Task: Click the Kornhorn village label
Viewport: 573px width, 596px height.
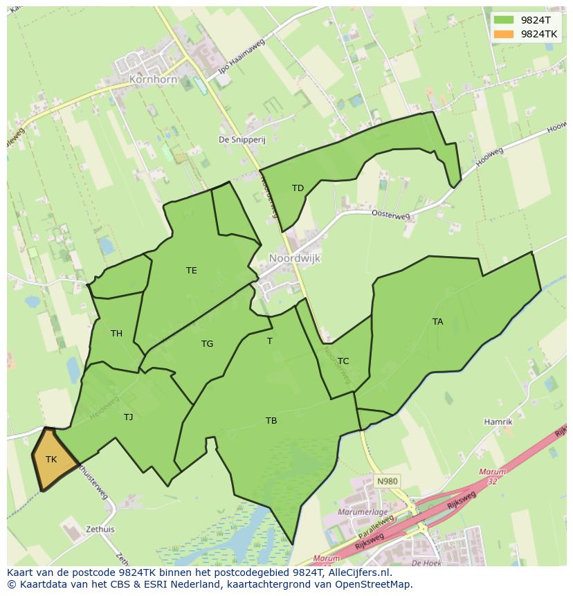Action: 153,80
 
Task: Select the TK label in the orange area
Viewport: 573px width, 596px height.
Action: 51,459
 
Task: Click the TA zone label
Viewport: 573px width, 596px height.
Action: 437,321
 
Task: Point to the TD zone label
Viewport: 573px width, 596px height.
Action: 298,188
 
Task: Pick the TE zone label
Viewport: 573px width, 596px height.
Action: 192,271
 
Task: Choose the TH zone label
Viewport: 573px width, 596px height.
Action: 116,334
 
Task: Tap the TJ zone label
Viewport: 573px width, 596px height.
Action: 128,417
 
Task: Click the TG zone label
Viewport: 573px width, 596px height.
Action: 207,344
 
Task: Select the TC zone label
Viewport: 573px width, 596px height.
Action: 343,361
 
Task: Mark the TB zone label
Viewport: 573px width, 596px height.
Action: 271,420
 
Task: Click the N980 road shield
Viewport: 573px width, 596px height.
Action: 388,480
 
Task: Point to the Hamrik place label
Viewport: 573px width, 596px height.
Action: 498,422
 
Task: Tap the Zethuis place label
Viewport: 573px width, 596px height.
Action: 100,529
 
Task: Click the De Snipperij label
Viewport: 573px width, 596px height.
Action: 242,139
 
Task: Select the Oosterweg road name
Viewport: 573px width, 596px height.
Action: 391,215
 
